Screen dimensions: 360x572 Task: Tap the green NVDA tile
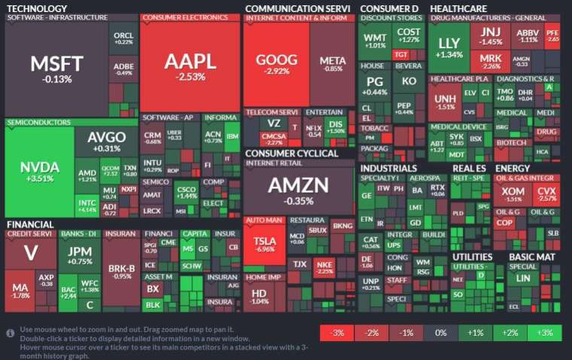point(39,172)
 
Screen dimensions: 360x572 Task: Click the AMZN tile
point(299,189)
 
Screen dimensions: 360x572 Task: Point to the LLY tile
point(449,47)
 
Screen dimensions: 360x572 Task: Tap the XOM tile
point(513,195)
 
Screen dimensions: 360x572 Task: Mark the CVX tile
point(546,195)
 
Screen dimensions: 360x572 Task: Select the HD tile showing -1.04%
point(260,295)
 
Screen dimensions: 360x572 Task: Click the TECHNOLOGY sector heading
point(35,8)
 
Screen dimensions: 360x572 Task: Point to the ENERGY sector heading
point(513,168)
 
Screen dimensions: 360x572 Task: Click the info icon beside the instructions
point(11,332)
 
